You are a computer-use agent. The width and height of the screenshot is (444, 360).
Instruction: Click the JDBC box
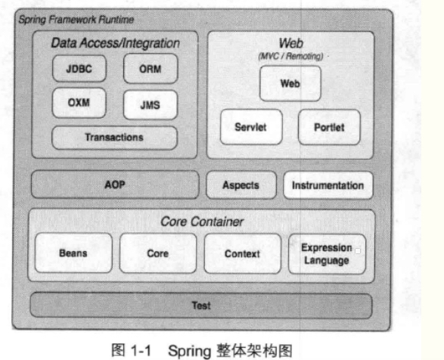pyautogui.click(x=79, y=69)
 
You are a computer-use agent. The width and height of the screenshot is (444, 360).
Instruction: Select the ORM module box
pyautogui.click(x=151, y=69)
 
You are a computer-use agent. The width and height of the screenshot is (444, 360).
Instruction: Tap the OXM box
pyautogui.click(x=79, y=103)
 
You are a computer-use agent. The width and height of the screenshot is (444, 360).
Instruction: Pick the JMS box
pyautogui.click(x=151, y=105)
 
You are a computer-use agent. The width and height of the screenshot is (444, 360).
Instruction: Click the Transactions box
pyautogui.click(x=114, y=138)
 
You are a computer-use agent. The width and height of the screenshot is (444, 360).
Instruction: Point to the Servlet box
pyautogui.click(x=251, y=127)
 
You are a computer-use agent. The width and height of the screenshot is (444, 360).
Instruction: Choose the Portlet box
pyautogui.click(x=329, y=128)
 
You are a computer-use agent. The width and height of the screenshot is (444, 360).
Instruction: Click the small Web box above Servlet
pyautogui.click(x=290, y=83)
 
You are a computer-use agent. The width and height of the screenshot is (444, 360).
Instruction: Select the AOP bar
pyautogui.click(x=115, y=185)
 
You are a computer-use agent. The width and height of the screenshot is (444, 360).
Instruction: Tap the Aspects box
pyautogui.click(x=241, y=185)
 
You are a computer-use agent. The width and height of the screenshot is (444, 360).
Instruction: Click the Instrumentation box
pyautogui.click(x=328, y=185)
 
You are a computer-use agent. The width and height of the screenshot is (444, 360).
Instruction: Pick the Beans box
pyautogui.click(x=73, y=253)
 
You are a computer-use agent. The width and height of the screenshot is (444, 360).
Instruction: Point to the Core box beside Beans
pyautogui.click(x=158, y=253)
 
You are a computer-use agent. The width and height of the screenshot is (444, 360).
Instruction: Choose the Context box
pyautogui.click(x=242, y=254)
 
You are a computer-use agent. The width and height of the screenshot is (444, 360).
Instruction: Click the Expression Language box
pyautogui.click(x=327, y=254)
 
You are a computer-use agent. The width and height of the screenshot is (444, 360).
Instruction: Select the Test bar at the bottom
pyautogui.click(x=201, y=306)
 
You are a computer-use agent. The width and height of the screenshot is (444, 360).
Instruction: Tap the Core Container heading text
pyautogui.click(x=202, y=222)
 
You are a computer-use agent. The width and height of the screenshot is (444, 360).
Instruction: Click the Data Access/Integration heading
pyautogui.click(x=115, y=43)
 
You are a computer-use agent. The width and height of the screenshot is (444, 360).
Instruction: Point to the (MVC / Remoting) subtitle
pyautogui.click(x=290, y=56)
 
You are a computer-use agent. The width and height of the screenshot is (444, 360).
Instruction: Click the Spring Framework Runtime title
pyautogui.click(x=76, y=20)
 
